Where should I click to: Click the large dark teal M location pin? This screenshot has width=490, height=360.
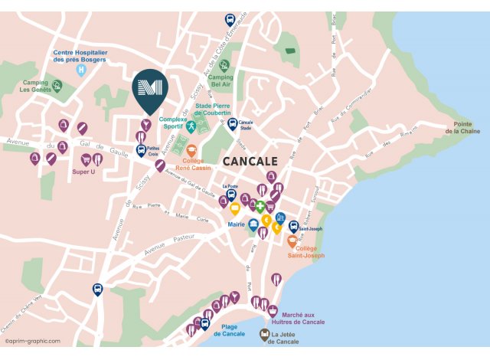[x=148, y=90]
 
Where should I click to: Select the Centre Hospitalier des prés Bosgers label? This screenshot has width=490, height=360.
[x=80, y=56]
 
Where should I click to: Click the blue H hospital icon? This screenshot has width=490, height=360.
[x=80, y=70]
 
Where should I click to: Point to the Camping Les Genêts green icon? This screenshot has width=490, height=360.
[x=57, y=85]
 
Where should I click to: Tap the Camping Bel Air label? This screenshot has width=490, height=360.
[x=220, y=80]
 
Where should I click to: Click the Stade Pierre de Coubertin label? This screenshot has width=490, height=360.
[x=213, y=109]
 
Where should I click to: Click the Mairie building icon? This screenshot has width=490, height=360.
[x=253, y=224]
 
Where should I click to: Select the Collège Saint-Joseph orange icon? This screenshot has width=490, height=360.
[x=292, y=241]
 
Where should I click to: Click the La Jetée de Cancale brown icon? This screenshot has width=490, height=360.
[x=264, y=335]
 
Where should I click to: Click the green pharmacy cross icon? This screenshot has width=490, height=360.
[x=260, y=207]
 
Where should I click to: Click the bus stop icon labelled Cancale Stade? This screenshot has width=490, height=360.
[x=232, y=124]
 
